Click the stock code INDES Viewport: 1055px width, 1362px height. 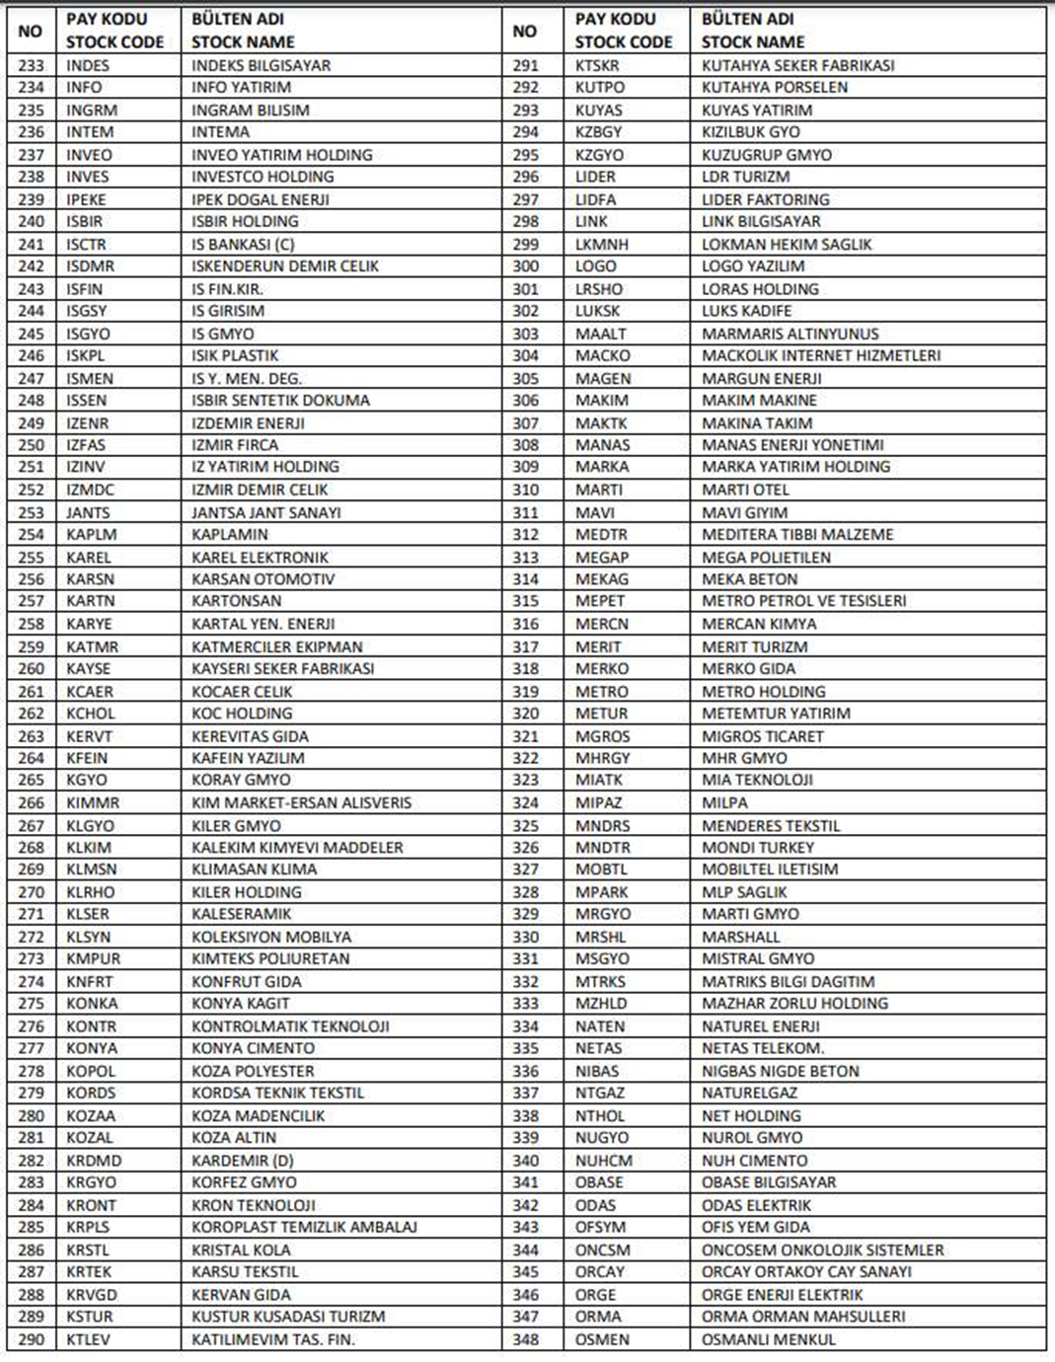click(88, 65)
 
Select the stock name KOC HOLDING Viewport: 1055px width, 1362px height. click(242, 713)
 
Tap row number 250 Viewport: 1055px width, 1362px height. click(32, 445)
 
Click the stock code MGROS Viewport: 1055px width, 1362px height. click(602, 735)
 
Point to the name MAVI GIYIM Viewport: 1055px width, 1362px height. click(744, 512)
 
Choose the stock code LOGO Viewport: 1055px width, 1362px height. click(595, 265)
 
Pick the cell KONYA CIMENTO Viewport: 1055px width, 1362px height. click(253, 1048)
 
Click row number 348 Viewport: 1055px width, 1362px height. click(525, 1339)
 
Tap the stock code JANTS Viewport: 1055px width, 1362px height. click(88, 512)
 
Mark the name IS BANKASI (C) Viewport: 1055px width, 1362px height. click(243, 244)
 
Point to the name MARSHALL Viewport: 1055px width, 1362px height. click(740, 937)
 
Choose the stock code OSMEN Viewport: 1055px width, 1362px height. click(602, 1339)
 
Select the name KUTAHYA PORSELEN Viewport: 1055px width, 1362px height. click(774, 87)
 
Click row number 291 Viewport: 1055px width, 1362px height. click(525, 65)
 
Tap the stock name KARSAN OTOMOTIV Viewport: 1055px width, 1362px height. click(263, 578)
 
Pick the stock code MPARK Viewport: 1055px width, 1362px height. click(602, 891)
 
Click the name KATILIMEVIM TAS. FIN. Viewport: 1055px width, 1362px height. click(272, 1339)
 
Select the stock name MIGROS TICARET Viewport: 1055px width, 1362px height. click(762, 735)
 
